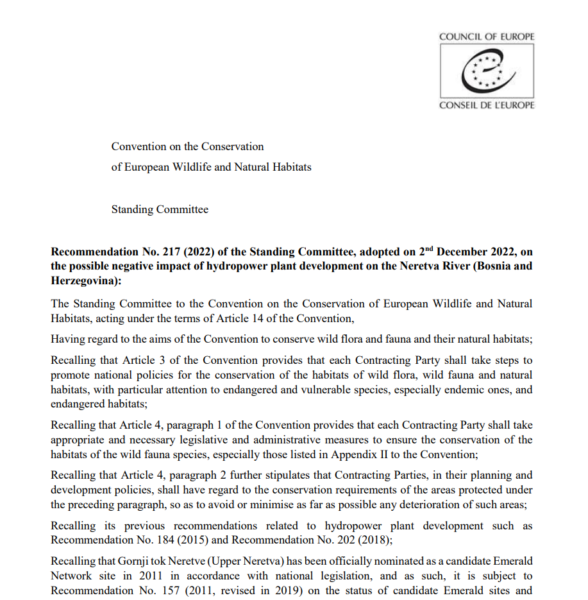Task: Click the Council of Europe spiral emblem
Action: coord(487,71)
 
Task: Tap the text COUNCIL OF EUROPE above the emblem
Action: coord(486,37)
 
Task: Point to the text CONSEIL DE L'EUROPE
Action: coord(486,105)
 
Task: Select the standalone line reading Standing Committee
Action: coord(160,209)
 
